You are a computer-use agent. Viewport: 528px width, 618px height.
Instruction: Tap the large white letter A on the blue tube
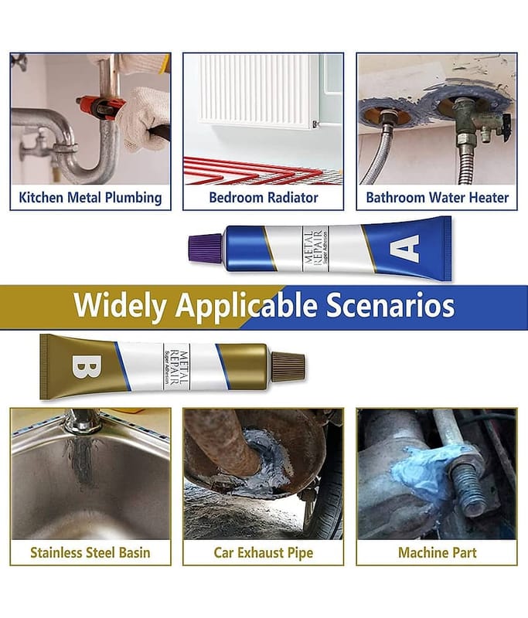point(404,248)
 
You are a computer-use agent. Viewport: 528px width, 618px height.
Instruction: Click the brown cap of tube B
point(288,366)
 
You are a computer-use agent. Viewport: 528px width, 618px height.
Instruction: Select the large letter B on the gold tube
point(87,366)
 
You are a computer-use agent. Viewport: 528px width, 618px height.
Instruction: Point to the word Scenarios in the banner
point(390,304)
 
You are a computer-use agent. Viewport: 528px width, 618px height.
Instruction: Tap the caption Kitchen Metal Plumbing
point(90,198)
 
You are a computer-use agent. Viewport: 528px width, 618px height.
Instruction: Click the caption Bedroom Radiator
point(264,198)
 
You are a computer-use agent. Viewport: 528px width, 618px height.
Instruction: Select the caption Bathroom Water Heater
point(438,198)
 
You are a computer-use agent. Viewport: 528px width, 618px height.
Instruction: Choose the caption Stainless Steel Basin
point(90,552)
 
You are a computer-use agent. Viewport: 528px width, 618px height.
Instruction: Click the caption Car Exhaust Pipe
point(264,552)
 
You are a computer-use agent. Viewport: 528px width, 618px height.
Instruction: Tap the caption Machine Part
point(438,552)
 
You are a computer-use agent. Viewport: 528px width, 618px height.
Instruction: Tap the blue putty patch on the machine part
point(424,468)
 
